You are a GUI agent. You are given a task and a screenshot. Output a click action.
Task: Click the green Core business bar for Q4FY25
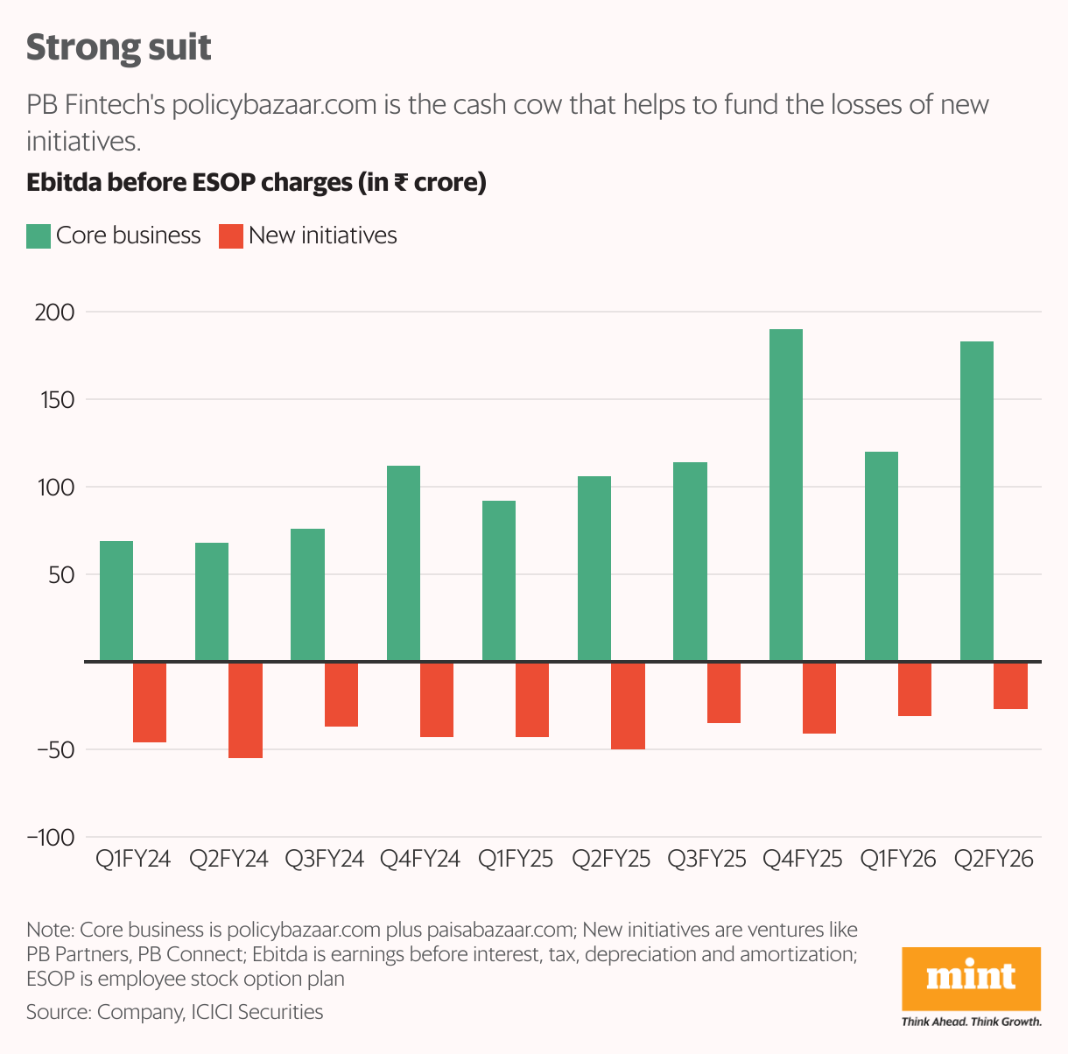tap(785, 495)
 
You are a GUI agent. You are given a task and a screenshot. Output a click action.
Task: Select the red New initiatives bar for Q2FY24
tap(246, 710)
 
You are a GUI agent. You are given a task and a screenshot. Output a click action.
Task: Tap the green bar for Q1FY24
tap(116, 601)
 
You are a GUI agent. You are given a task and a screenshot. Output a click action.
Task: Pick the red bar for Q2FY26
tap(1010, 685)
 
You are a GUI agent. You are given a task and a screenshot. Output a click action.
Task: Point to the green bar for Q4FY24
tap(404, 564)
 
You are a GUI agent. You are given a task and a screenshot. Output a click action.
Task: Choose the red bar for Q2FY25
tap(628, 706)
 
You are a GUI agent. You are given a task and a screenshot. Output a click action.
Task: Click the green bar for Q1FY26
tap(881, 557)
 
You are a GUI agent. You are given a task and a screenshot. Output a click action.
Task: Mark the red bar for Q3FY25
tap(724, 692)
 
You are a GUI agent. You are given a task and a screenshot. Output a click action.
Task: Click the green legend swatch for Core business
tap(39, 236)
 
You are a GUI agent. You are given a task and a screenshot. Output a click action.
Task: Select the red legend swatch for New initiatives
tap(230, 236)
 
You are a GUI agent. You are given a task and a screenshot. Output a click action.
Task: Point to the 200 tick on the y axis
tap(55, 313)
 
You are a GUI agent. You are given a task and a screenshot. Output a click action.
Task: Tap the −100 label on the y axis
tap(51, 838)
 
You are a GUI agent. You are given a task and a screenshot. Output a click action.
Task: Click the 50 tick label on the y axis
tap(60, 575)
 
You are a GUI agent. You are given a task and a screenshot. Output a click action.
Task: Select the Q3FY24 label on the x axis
tap(324, 859)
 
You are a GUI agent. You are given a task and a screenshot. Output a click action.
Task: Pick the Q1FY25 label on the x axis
tap(516, 859)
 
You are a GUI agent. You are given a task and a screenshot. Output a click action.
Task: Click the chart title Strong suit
tap(118, 47)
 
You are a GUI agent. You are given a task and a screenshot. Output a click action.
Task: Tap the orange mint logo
tap(971, 978)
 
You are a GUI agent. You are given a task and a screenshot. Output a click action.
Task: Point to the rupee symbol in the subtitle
tap(400, 182)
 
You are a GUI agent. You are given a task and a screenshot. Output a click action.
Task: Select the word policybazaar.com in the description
tap(274, 105)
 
